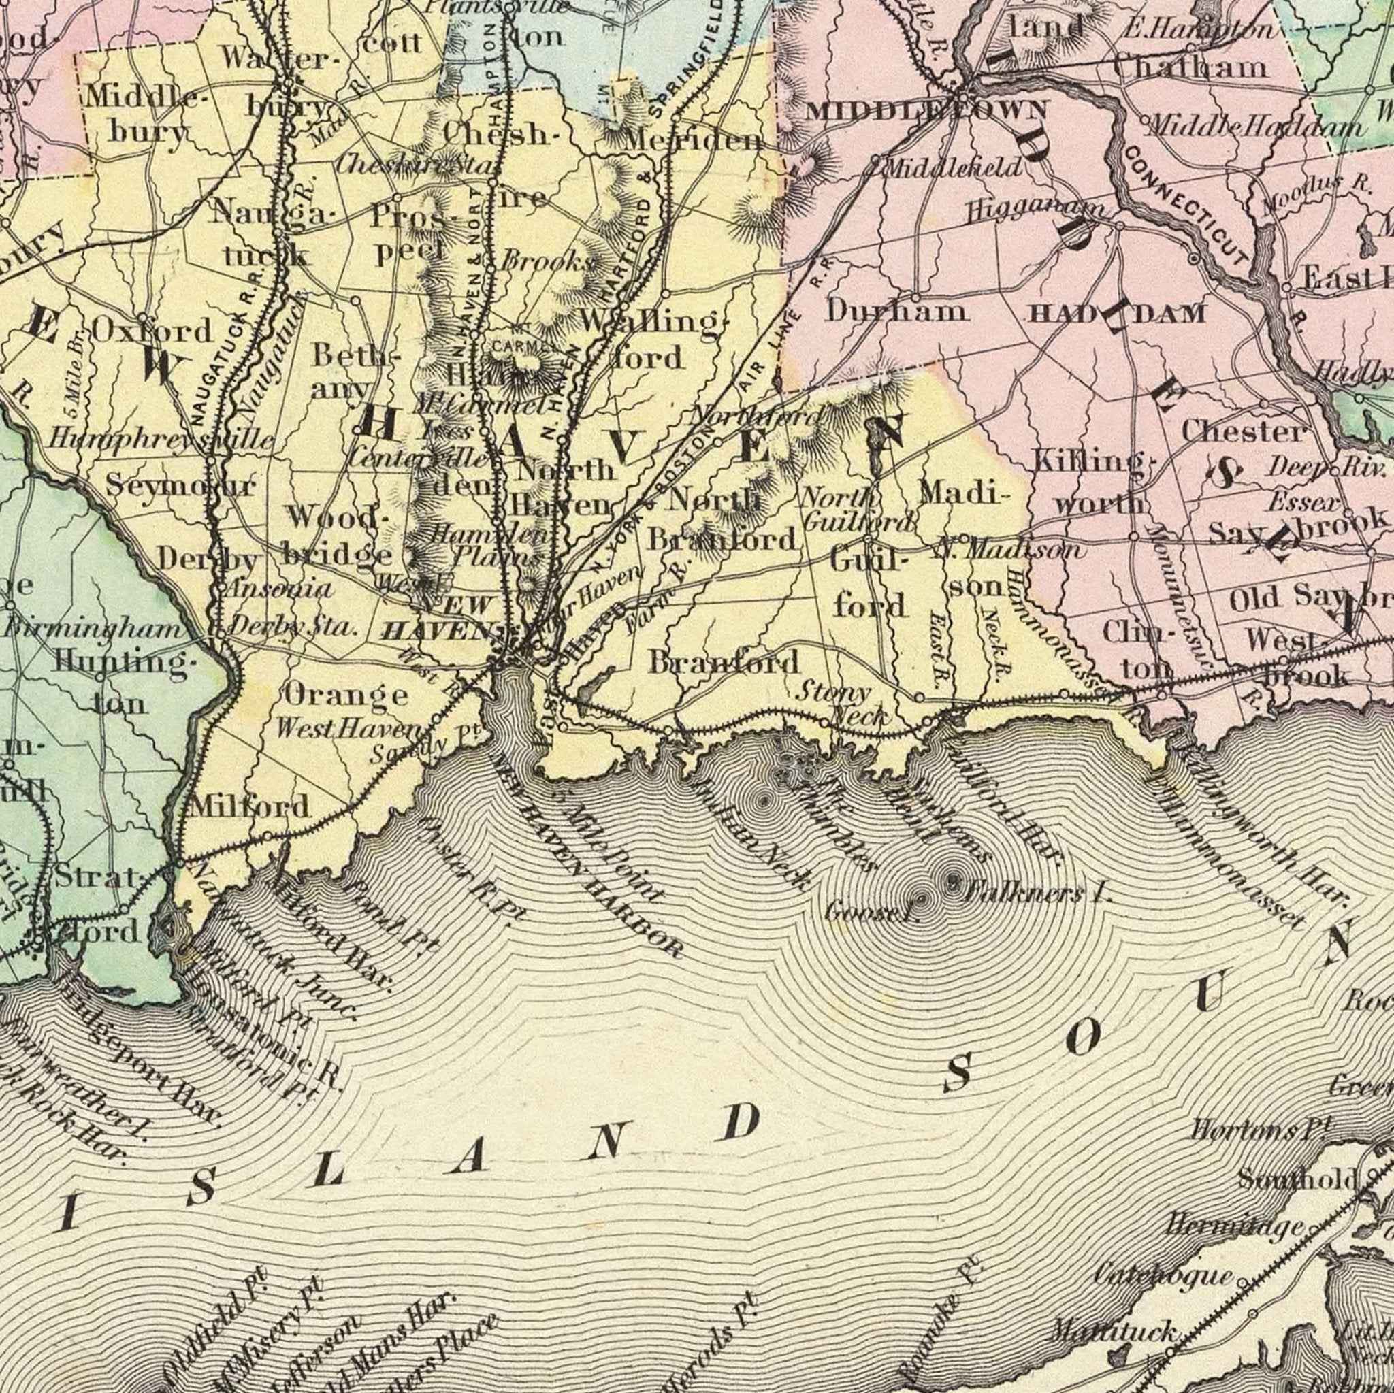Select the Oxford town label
[152, 331]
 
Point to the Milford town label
[250, 806]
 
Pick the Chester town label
[1244, 432]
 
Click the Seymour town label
[181, 485]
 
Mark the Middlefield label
[952, 168]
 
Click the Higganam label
[1037, 212]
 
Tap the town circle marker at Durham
[915, 297]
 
